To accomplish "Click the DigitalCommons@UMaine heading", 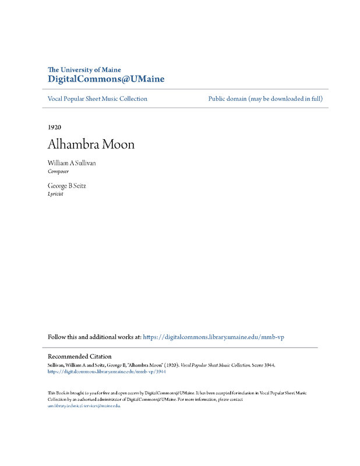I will click(106, 79).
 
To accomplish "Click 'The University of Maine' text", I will click(84, 70).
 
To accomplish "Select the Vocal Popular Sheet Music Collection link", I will click(97, 99).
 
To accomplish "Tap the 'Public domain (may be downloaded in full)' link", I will click(265, 99).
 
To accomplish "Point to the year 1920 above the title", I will click(55, 127).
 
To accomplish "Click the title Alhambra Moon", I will click(91, 144).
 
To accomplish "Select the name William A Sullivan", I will click(72, 163).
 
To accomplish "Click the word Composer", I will click(58, 172).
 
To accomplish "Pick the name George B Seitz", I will click(67, 185).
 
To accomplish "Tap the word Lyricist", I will click(55, 194).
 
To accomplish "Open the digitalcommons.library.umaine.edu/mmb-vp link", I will click(213, 337).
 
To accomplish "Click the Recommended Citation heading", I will click(79, 356).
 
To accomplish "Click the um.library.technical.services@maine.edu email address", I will click(83, 405).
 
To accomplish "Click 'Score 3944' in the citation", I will click(262, 365).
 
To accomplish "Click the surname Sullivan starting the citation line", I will click(57, 365).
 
